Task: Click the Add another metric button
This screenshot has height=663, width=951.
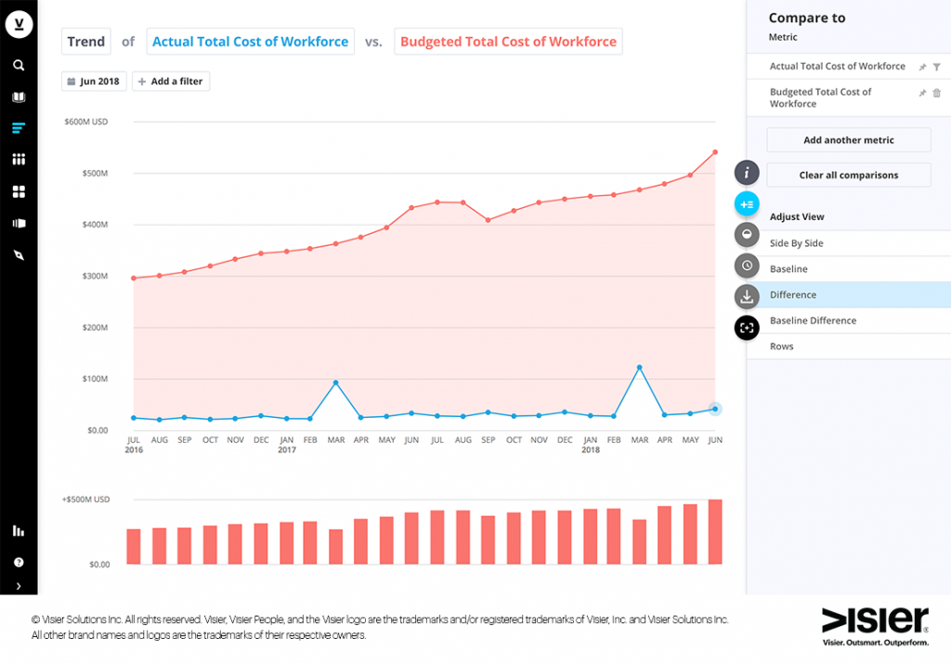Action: click(848, 140)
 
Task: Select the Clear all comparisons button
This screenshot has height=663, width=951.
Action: click(848, 175)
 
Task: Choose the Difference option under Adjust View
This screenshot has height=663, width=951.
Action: click(793, 295)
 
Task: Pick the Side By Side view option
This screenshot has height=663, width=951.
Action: click(796, 243)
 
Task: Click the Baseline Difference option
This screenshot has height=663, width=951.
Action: click(813, 320)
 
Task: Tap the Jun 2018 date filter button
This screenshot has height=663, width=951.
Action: click(94, 82)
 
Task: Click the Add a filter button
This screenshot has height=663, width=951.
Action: click(170, 82)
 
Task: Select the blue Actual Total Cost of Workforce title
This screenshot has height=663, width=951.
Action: click(250, 42)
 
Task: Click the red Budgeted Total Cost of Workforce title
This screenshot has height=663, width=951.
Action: click(508, 42)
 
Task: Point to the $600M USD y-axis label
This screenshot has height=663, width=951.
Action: click(86, 122)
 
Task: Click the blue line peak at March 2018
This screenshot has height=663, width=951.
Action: click(639, 368)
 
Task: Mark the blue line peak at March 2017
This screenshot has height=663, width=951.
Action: click(335, 383)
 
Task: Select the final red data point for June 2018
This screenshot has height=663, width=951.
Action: click(714, 151)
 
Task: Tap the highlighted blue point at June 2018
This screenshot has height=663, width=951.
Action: click(714, 409)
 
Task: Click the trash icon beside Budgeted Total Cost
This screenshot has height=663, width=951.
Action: click(936, 93)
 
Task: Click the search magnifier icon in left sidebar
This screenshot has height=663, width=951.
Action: click(19, 66)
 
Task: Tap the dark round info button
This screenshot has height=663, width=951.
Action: click(747, 173)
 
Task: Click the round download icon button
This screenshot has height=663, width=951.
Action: click(747, 297)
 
